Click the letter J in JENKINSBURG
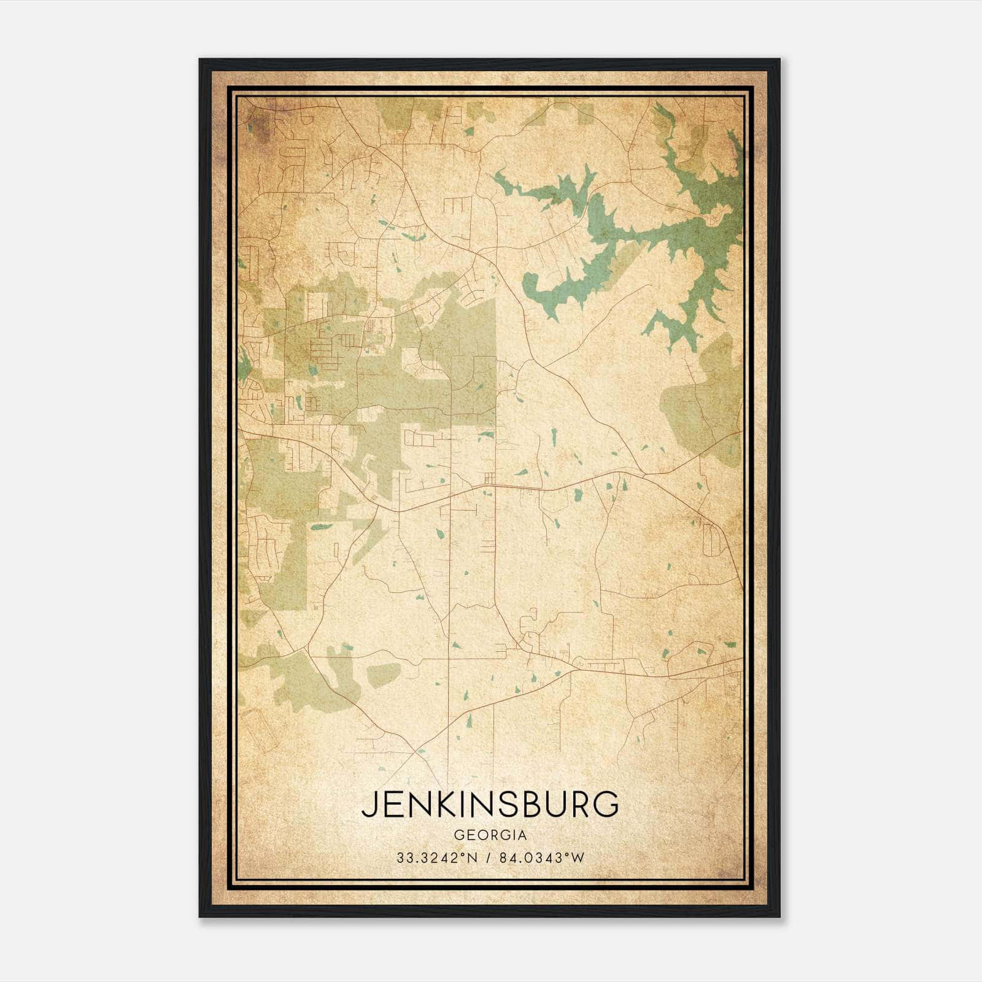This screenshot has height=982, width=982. pyautogui.click(x=368, y=805)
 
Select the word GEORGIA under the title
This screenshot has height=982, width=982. pyautogui.click(x=490, y=835)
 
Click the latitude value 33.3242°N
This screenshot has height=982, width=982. pyautogui.click(x=436, y=858)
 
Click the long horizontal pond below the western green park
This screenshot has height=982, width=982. pyautogui.click(x=322, y=527)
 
